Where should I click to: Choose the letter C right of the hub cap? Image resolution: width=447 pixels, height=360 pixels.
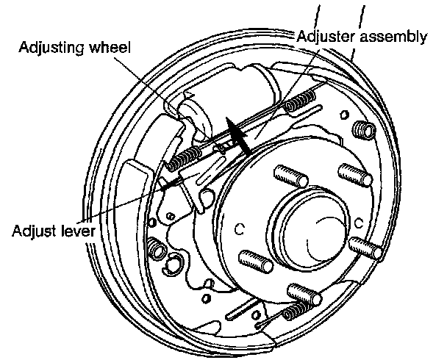[360, 223]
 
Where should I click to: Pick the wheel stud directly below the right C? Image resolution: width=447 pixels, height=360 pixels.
[365, 247]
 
